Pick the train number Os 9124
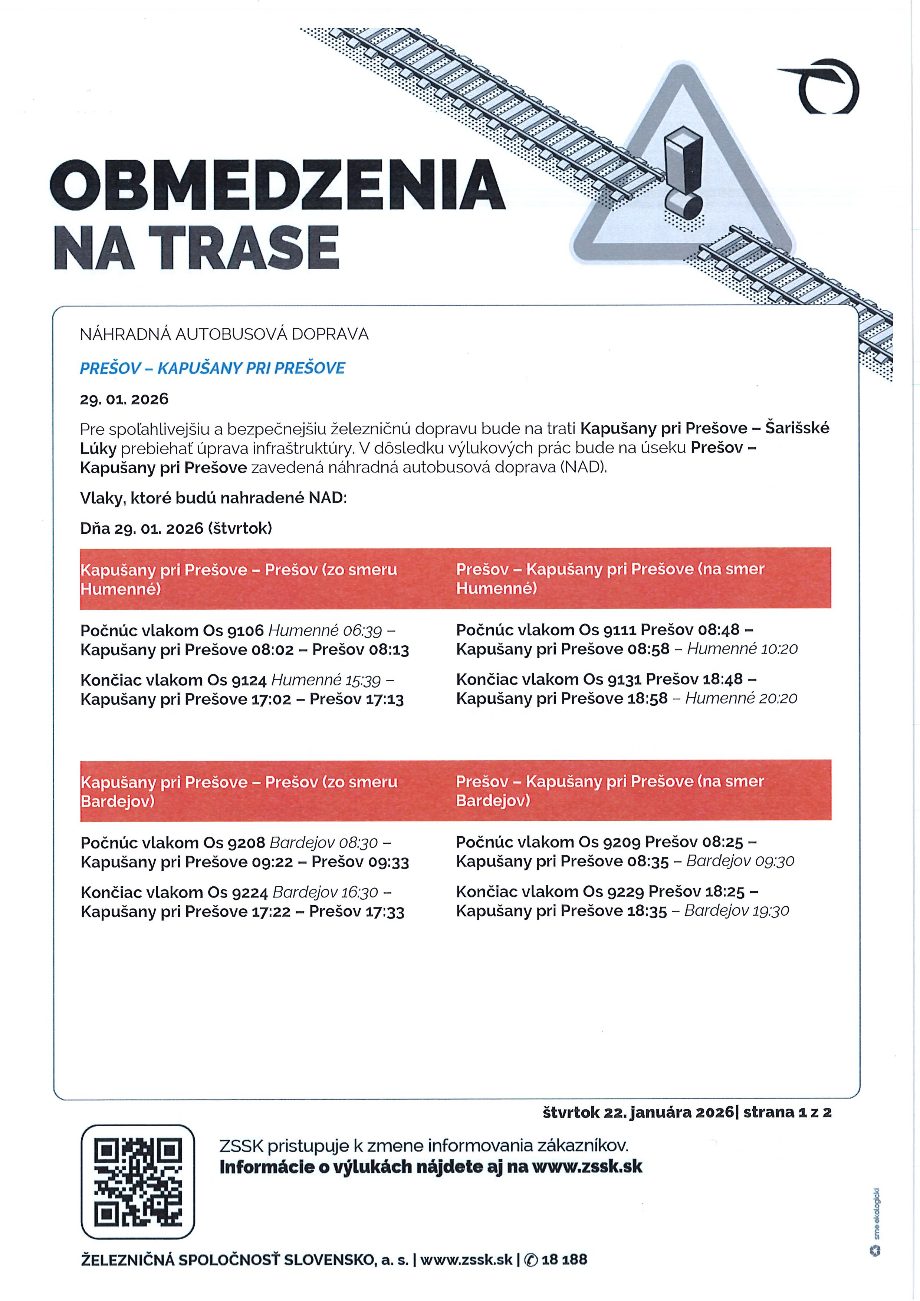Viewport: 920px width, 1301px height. [237, 679]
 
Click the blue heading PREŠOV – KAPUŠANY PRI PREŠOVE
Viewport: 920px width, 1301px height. [213, 368]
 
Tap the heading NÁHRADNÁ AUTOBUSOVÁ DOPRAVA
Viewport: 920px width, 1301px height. [224, 334]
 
